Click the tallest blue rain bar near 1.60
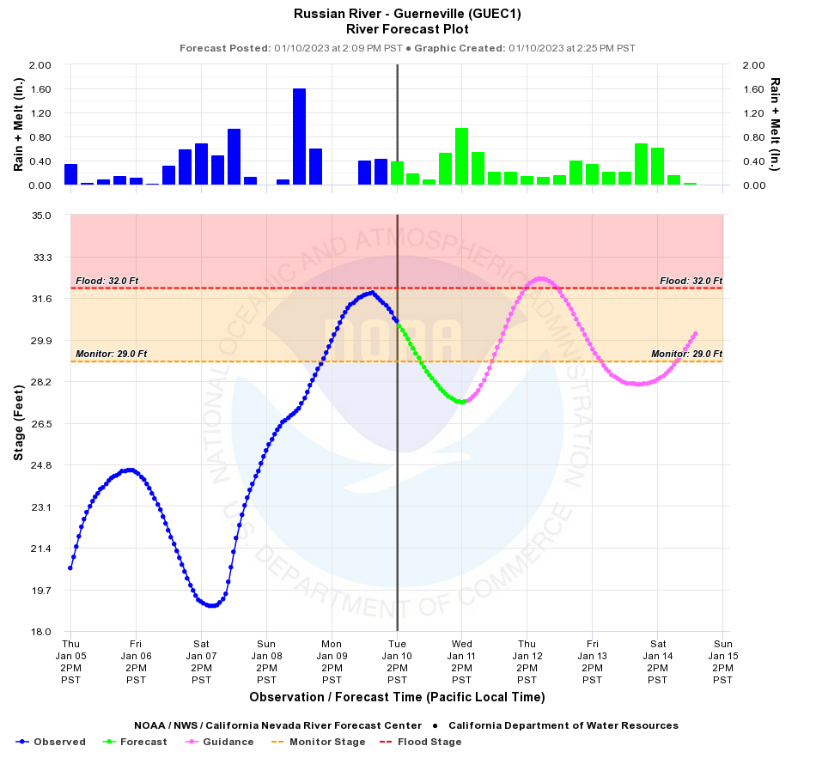coord(299,136)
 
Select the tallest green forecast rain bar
coord(461,156)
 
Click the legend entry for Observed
coord(52,742)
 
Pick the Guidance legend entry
coord(221,742)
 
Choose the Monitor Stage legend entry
coord(319,742)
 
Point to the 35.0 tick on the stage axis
coord(40,215)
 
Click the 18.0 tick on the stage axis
coord(40,632)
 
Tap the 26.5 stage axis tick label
coord(40,423)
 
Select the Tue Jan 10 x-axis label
coord(397,661)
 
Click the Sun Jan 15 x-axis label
coord(722,661)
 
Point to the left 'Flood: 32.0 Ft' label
coord(107,281)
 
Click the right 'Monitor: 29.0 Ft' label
coord(686,354)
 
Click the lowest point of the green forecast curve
coord(461,402)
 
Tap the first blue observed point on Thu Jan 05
coord(70,567)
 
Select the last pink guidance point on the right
coord(695,333)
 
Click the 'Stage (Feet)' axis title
coord(18,423)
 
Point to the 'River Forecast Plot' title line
coord(407,29)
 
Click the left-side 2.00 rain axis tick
coord(41,65)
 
